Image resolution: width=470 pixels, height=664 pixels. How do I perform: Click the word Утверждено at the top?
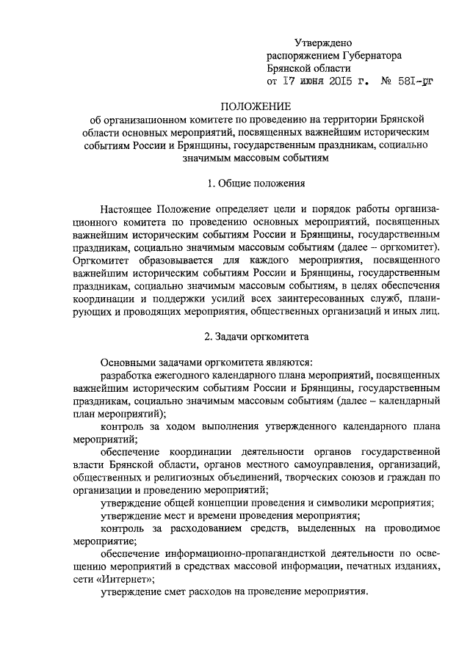point(325,45)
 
